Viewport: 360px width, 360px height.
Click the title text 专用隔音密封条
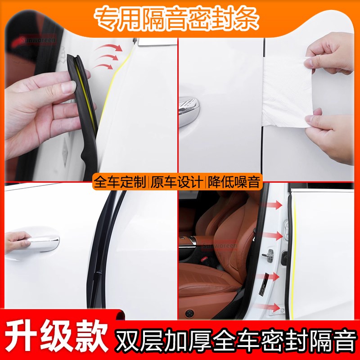tap(176, 17)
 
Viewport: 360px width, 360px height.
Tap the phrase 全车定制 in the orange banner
tap(120, 182)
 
